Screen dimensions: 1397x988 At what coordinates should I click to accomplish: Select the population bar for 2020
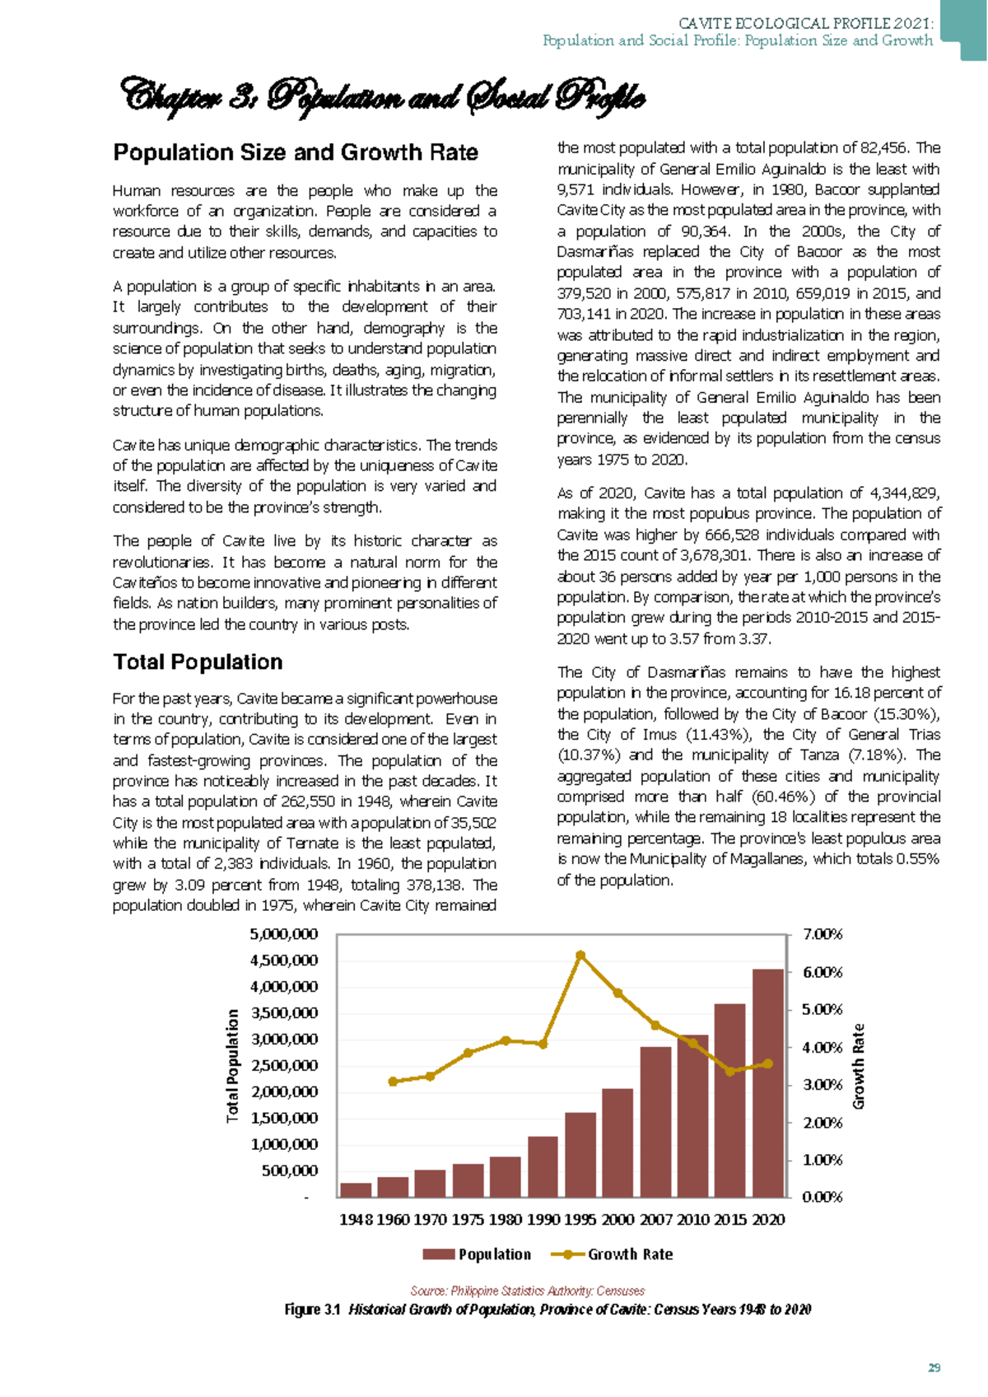(x=767, y=1083)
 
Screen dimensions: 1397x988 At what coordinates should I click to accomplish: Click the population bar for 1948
(x=356, y=1190)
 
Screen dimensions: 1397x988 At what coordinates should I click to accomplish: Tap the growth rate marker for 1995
(x=580, y=955)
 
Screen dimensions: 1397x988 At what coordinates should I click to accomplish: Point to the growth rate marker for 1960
(x=393, y=1082)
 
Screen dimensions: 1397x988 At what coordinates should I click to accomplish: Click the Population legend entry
(x=477, y=1254)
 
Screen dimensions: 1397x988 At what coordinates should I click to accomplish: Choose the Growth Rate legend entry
(x=613, y=1254)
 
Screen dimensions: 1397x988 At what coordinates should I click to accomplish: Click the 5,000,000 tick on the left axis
(x=283, y=934)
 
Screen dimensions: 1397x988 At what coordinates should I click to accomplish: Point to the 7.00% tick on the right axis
(x=823, y=934)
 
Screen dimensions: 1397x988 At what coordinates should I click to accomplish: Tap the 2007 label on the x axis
(x=655, y=1220)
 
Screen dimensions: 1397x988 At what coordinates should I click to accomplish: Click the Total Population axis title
(x=233, y=1065)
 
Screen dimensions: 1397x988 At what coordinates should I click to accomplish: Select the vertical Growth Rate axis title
(x=859, y=1066)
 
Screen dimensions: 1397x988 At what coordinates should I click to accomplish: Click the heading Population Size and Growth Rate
(x=296, y=152)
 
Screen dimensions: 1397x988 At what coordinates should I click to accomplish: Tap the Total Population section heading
(x=198, y=662)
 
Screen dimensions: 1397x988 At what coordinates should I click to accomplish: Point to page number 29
(x=934, y=1368)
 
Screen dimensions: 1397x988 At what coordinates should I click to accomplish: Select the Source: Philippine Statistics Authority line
(x=527, y=1291)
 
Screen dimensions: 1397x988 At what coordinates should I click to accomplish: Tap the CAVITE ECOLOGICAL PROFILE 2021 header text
(x=805, y=23)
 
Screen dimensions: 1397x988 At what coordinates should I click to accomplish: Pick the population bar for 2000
(x=617, y=1142)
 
